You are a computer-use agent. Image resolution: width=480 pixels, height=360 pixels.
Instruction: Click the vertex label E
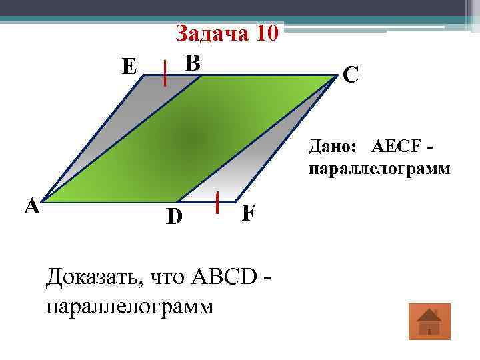(129, 67)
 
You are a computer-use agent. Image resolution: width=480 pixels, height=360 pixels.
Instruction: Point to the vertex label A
(31, 207)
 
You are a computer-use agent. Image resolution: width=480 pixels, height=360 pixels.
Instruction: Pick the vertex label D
(174, 216)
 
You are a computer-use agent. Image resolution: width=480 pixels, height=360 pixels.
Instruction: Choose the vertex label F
(248, 213)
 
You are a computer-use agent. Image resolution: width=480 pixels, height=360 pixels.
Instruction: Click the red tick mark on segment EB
(166, 73)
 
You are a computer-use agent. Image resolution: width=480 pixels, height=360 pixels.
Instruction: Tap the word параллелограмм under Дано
(379, 169)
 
